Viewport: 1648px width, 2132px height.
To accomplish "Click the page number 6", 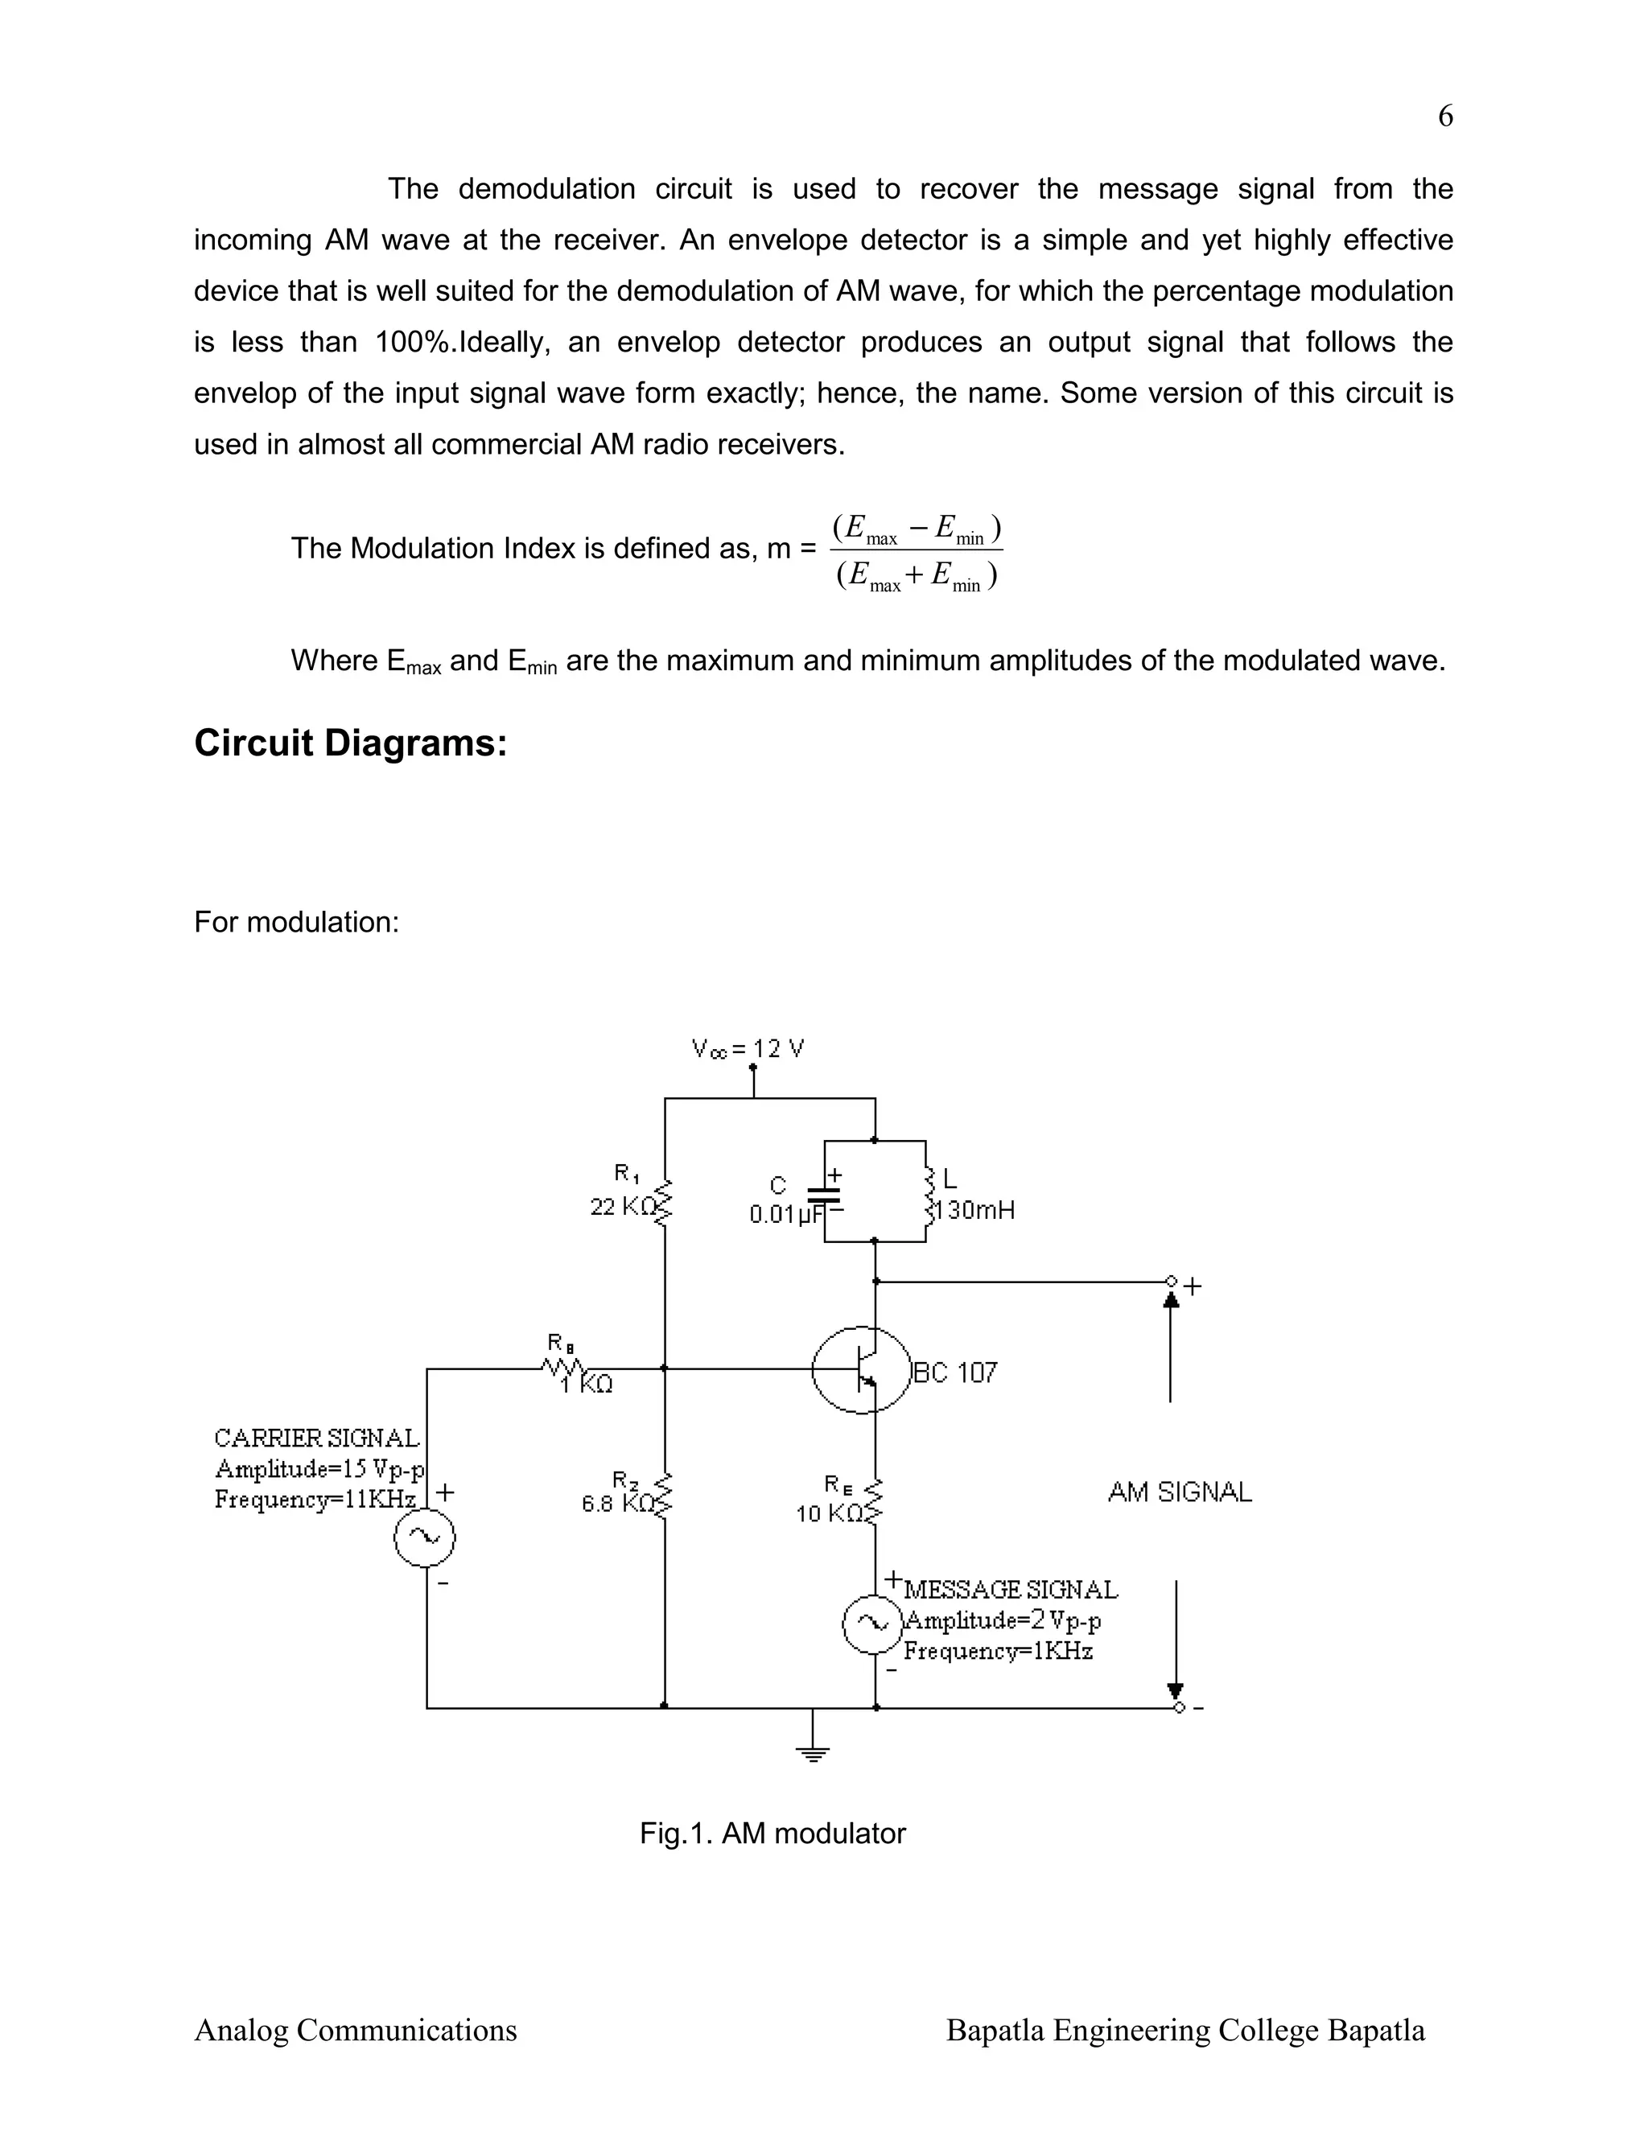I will tap(1445, 116).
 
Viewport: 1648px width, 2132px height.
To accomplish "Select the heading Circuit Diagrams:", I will tap(351, 743).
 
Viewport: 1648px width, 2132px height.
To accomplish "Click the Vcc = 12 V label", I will tap(748, 1049).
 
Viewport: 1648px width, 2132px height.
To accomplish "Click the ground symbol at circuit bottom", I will tap(812, 1752).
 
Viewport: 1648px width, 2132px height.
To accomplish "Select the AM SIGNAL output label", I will tap(1180, 1492).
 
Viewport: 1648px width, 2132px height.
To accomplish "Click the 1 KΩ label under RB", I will tap(587, 1385).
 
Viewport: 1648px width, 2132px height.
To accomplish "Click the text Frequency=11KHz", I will tap(315, 1500).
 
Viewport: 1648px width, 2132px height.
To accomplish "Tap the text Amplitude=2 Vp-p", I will tap(1003, 1620).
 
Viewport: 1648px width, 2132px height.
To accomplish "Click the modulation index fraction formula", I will tap(916, 553).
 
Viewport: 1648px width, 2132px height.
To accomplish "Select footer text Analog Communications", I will tap(356, 2031).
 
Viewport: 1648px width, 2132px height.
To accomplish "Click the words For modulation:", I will tap(297, 921).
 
